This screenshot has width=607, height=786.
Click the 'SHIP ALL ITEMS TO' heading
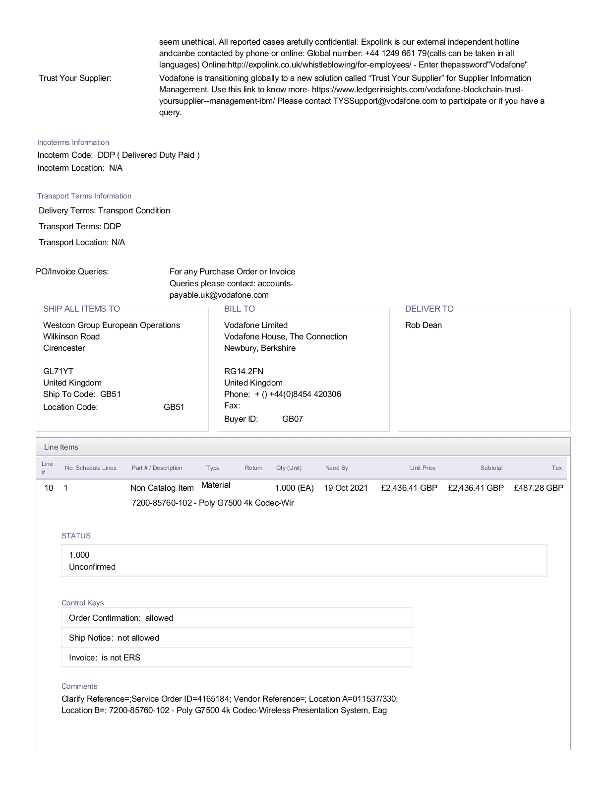[x=81, y=309]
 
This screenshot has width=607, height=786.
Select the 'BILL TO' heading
[x=239, y=309]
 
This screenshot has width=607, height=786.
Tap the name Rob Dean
[x=423, y=325]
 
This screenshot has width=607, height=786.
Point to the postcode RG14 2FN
[x=243, y=371]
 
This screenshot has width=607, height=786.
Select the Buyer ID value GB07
[x=292, y=419]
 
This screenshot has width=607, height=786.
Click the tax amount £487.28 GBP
[x=538, y=488]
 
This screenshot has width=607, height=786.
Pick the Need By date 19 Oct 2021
[x=346, y=488]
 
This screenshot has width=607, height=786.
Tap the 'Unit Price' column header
[x=423, y=468]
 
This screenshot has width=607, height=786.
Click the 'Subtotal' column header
[x=491, y=468]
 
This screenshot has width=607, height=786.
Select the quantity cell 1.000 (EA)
[x=294, y=488]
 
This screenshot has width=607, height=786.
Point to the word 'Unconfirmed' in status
[x=92, y=567]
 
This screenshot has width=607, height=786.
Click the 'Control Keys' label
[x=82, y=603]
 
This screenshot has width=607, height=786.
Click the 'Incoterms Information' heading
[x=73, y=142]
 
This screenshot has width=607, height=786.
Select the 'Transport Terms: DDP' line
[x=80, y=226]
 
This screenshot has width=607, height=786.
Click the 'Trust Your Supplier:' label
[x=75, y=78]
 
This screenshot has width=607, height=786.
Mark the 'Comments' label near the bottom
[x=79, y=686]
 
